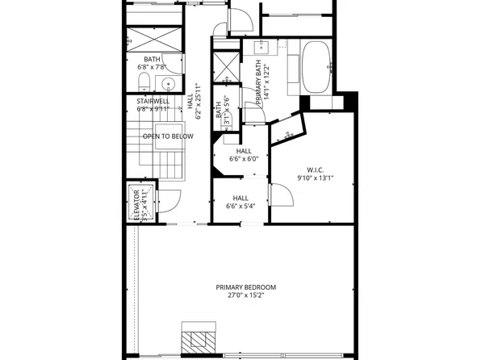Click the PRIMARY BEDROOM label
point(245,287)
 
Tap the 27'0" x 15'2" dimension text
point(245,296)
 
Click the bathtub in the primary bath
point(316,69)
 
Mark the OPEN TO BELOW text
point(168,136)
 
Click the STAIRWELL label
point(152,100)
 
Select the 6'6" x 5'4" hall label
point(240,202)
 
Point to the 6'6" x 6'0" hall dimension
point(243,160)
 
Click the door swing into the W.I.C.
point(278,194)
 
